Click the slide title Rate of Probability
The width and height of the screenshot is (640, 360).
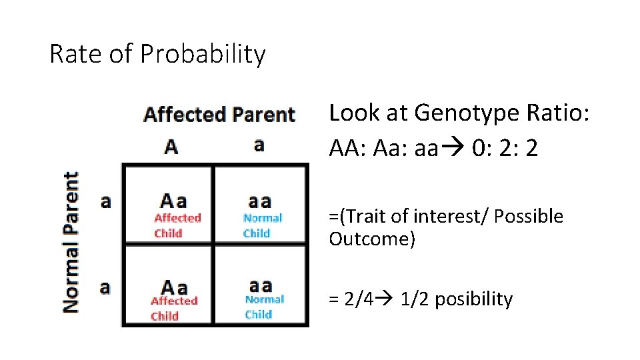coord(157,54)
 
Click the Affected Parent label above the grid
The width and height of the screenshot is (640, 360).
coord(219,115)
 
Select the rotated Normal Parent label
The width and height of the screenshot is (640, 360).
coord(71,242)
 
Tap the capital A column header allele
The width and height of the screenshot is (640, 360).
coord(171,146)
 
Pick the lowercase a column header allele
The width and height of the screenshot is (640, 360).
coord(259,145)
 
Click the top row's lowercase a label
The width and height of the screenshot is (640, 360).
coord(105,201)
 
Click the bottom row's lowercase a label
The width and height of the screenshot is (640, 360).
coord(105,287)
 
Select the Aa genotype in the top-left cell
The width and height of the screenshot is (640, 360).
coord(173,201)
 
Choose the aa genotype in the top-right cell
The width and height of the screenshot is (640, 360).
coord(260,201)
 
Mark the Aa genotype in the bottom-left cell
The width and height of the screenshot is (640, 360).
coord(174,287)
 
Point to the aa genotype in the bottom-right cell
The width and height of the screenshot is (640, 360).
coord(260,285)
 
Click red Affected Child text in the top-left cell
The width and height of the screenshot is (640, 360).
coord(177,225)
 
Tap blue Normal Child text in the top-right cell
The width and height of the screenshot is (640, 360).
coord(262,225)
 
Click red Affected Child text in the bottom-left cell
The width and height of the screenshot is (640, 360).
coord(174,308)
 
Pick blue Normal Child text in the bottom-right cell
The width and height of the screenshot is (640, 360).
coord(264,307)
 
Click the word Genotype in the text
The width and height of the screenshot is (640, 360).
coord(460,113)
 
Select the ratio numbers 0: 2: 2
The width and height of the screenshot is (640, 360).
coord(504,149)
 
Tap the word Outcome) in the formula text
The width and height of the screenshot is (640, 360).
coord(372,239)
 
